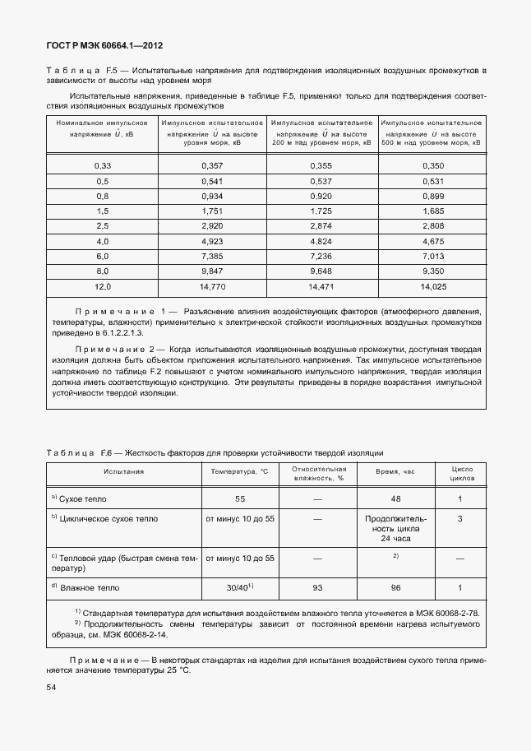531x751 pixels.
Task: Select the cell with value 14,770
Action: (212, 286)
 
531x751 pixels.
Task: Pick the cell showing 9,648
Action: (321, 270)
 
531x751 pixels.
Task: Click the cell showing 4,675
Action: (432, 241)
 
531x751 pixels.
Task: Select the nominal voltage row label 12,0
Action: (102, 286)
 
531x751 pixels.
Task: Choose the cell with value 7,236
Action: (321, 256)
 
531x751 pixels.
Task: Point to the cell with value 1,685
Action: (432, 211)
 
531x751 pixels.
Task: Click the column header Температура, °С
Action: (239, 471)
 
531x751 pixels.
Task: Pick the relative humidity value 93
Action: (317, 587)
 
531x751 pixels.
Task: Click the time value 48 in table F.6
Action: (395, 498)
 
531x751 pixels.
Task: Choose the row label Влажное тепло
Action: (90, 588)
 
